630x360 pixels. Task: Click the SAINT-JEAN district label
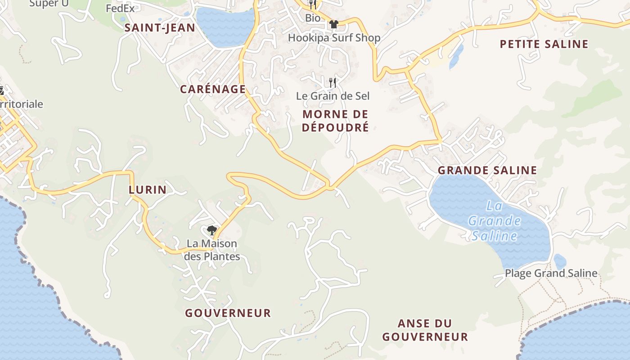[x=160, y=28]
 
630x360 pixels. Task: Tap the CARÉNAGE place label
[x=213, y=89]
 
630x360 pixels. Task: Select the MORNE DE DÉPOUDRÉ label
[x=335, y=121]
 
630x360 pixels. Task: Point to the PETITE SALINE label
[x=544, y=44]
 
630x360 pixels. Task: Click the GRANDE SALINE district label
[x=487, y=170]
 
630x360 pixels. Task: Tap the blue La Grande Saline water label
[x=494, y=221]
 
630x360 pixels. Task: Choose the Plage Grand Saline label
[x=551, y=273]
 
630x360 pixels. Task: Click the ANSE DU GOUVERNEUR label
[x=425, y=330]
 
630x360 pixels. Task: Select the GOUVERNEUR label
[x=228, y=313]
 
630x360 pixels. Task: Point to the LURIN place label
[x=148, y=190]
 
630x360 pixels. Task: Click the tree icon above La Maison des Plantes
[x=211, y=231]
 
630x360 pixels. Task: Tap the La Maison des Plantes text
[x=212, y=250]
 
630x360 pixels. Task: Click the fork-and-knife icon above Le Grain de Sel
[x=333, y=82]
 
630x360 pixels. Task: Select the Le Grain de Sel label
[x=333, y=96]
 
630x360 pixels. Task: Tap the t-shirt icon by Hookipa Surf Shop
[x=333, y=24]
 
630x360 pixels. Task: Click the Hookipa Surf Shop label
[x=334, y=38]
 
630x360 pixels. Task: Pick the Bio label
[x=313, y=18]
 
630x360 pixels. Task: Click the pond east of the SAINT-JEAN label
[x=225, y=27]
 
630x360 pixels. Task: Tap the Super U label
[x=44, y=4]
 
